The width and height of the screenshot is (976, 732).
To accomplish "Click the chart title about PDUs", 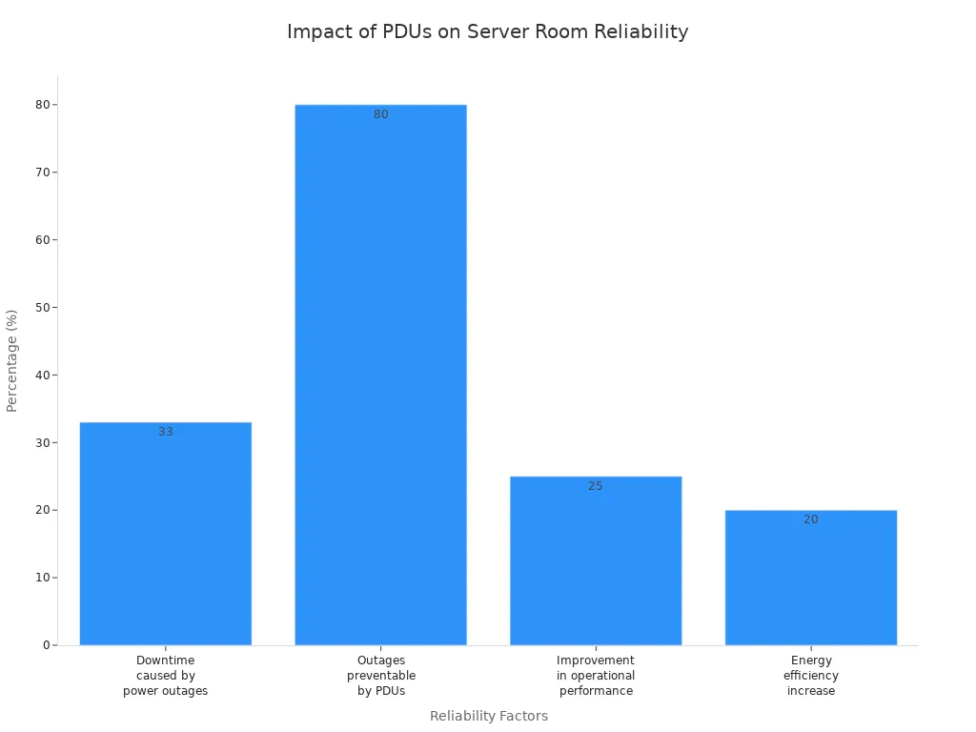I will coord(487,31).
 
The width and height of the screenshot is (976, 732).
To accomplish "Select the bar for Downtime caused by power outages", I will coord(166,534).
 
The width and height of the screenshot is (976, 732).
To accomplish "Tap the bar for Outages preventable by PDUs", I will coord(380,381).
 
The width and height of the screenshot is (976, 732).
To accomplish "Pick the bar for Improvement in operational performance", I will coord(596,562).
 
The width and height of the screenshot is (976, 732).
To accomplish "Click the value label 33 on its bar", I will coord(166,432).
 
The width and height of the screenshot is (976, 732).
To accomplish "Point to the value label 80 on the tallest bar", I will coord(380,114).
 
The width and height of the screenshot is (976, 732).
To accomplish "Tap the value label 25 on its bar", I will coord(596,486).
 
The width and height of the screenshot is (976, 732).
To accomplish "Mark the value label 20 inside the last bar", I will coord(810,519).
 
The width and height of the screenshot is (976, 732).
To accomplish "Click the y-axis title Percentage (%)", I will coord(12,360).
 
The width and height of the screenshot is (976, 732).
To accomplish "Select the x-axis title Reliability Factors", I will coord(488,716).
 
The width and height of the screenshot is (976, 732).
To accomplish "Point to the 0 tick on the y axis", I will coord(45,645).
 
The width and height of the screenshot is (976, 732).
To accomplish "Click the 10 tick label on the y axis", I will coord(42,578).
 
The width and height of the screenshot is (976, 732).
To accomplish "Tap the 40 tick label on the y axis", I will coord(42,375).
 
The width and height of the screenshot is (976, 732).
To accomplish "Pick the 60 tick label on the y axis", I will coord(42,239).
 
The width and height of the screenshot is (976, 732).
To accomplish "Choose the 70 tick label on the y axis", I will coord(42,173).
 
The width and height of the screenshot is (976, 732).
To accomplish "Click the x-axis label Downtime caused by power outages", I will coord(166,675).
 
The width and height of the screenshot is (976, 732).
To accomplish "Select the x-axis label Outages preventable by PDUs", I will coord(380,675).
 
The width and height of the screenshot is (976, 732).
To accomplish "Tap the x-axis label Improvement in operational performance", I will coord(596,675).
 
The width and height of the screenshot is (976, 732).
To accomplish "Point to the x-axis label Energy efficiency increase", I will coord(810,675).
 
